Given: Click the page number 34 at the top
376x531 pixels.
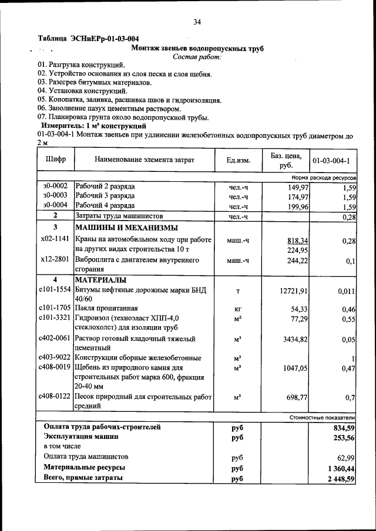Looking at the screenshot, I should coord(197,22).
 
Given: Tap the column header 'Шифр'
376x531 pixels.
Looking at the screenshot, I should coord(55,159).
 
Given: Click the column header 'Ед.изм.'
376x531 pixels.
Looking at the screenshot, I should coord(238,160).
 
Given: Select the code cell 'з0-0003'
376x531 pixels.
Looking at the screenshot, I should coord(55,196).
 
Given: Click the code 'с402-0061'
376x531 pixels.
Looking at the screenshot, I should coord(55,339).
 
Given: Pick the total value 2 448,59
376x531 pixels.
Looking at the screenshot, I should coord(337,479).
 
